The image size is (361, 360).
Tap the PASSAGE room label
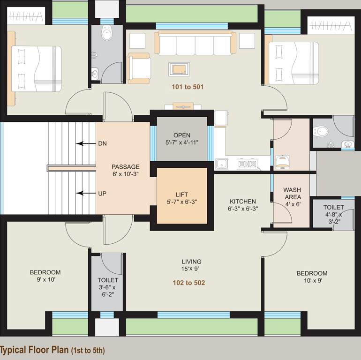tap(125, 170)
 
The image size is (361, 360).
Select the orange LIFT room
tap(181, 195)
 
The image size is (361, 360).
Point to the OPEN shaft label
tap(181, 139)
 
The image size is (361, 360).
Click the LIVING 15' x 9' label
tap(192, 265)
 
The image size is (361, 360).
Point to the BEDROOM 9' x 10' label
tap(45, 276)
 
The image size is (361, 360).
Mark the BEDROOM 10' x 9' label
tap(312, 277)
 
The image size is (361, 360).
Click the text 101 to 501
tap(188, 87)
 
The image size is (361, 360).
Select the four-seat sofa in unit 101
tap(195, 45)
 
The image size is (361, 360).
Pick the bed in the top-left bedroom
tap(36, 68)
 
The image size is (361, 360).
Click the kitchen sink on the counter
tap(222, 164)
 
